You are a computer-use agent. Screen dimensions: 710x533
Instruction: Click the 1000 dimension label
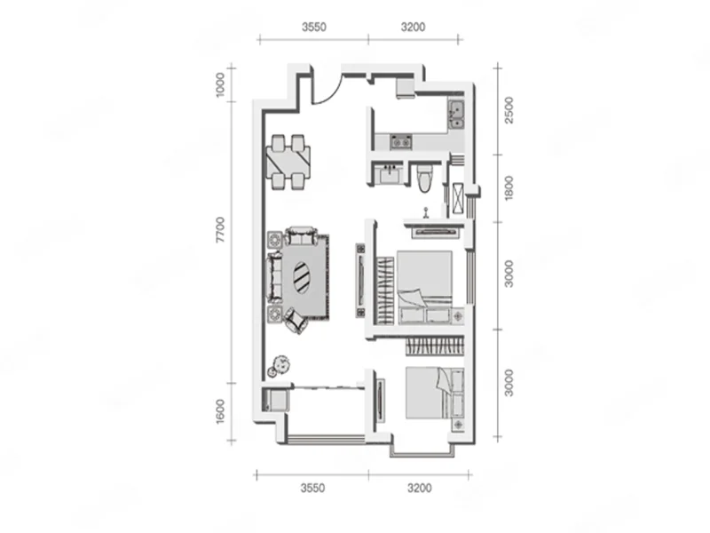[x=220, y=84]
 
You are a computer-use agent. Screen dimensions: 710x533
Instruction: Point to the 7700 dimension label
[x=220, y=230]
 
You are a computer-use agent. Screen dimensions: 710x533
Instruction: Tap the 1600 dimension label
[x=220, y=411]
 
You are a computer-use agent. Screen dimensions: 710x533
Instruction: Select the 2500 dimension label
[x=509, y=110]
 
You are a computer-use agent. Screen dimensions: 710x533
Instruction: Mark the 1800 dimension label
[x=509, y=188]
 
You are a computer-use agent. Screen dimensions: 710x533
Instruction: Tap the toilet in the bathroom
[x=425, y=178]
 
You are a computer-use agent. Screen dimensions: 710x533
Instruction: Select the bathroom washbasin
[x=390, y=174]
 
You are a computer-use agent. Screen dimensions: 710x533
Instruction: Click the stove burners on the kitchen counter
[x=401, y=142]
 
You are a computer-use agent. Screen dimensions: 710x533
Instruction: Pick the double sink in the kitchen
[x=456, y=115]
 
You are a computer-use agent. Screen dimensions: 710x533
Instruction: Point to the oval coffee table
[x=301, y=278]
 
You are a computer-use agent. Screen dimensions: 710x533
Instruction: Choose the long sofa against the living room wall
[x=275, y=276]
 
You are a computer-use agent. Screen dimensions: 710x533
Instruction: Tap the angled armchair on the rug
[x=296, y=320]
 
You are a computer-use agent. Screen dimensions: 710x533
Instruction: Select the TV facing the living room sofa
[x=361, y=281]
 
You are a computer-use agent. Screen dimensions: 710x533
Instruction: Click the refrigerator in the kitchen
[x=406, y=88]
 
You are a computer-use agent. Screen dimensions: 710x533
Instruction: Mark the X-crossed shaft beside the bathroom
[x=458, y=198]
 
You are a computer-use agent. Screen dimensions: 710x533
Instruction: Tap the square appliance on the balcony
[x=278, y=401]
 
